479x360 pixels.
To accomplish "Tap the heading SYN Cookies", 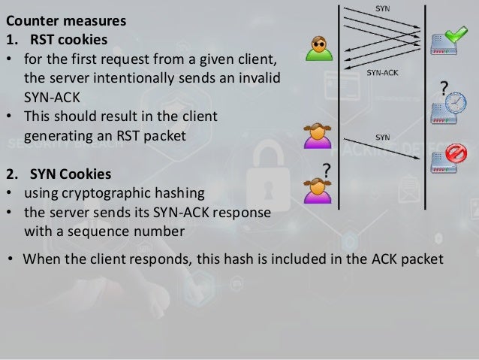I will [x=70, y=174].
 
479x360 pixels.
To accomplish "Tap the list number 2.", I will [x=11, y=174].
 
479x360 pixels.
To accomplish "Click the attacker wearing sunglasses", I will [x=319, y=48].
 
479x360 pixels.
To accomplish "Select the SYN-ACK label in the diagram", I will [x=382, y=74].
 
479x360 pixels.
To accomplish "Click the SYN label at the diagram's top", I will [x=381, y=8].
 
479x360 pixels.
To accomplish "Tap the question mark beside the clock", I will [x=444, y=89].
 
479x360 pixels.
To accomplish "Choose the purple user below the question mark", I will [x=317, y=189].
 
